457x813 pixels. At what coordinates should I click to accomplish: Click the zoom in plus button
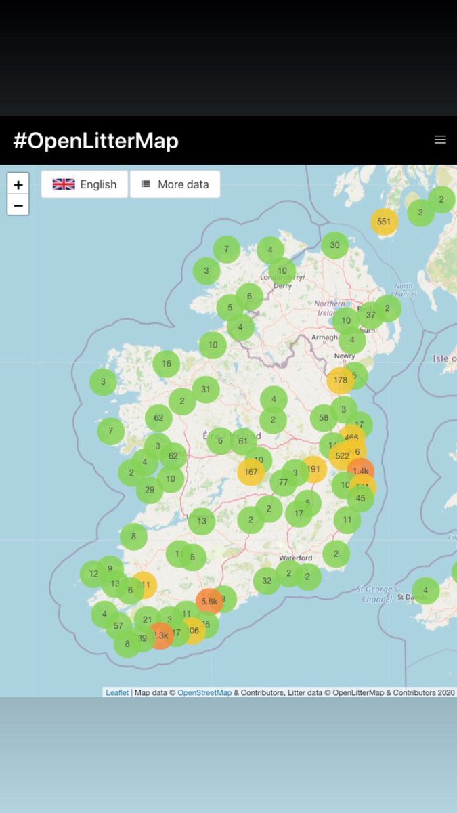coord(18,184)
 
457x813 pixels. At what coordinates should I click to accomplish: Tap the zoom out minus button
coord(18,205)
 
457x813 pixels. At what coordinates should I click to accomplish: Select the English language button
coord(85,184)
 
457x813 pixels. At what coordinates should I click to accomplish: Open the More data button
coord(175,184)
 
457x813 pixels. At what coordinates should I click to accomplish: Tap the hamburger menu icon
coord(440,140)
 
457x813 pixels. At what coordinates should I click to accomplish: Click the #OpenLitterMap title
coord(95,141)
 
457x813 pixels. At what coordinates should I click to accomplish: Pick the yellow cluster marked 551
coord(384,222)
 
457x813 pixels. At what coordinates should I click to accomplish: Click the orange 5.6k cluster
coord(209,600)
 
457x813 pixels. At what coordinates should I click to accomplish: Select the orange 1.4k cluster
coord(360,471)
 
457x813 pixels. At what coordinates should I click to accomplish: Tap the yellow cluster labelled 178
coord(340,381)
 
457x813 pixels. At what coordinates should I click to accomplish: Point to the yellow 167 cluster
coord(251,472)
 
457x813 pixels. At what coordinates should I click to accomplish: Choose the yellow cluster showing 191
coord(313,469)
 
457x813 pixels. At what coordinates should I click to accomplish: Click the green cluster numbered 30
coord(334,245)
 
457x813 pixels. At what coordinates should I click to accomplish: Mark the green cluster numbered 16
coord(167,364)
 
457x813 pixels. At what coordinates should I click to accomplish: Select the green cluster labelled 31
coord(206,390)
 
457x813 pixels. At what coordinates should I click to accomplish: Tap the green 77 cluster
coord(283,482)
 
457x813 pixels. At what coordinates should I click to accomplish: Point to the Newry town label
coord(345,356)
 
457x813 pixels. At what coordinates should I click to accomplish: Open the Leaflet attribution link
coord(117,692)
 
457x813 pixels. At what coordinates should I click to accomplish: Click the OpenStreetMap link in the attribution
coord(204,692)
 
